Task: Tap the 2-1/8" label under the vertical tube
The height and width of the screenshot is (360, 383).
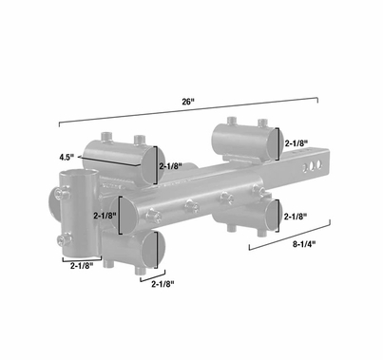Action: pos(83,267)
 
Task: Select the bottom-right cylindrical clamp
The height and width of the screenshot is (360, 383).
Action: pos(247,214)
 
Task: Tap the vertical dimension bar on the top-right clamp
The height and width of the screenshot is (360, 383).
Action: pos(278,143)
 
